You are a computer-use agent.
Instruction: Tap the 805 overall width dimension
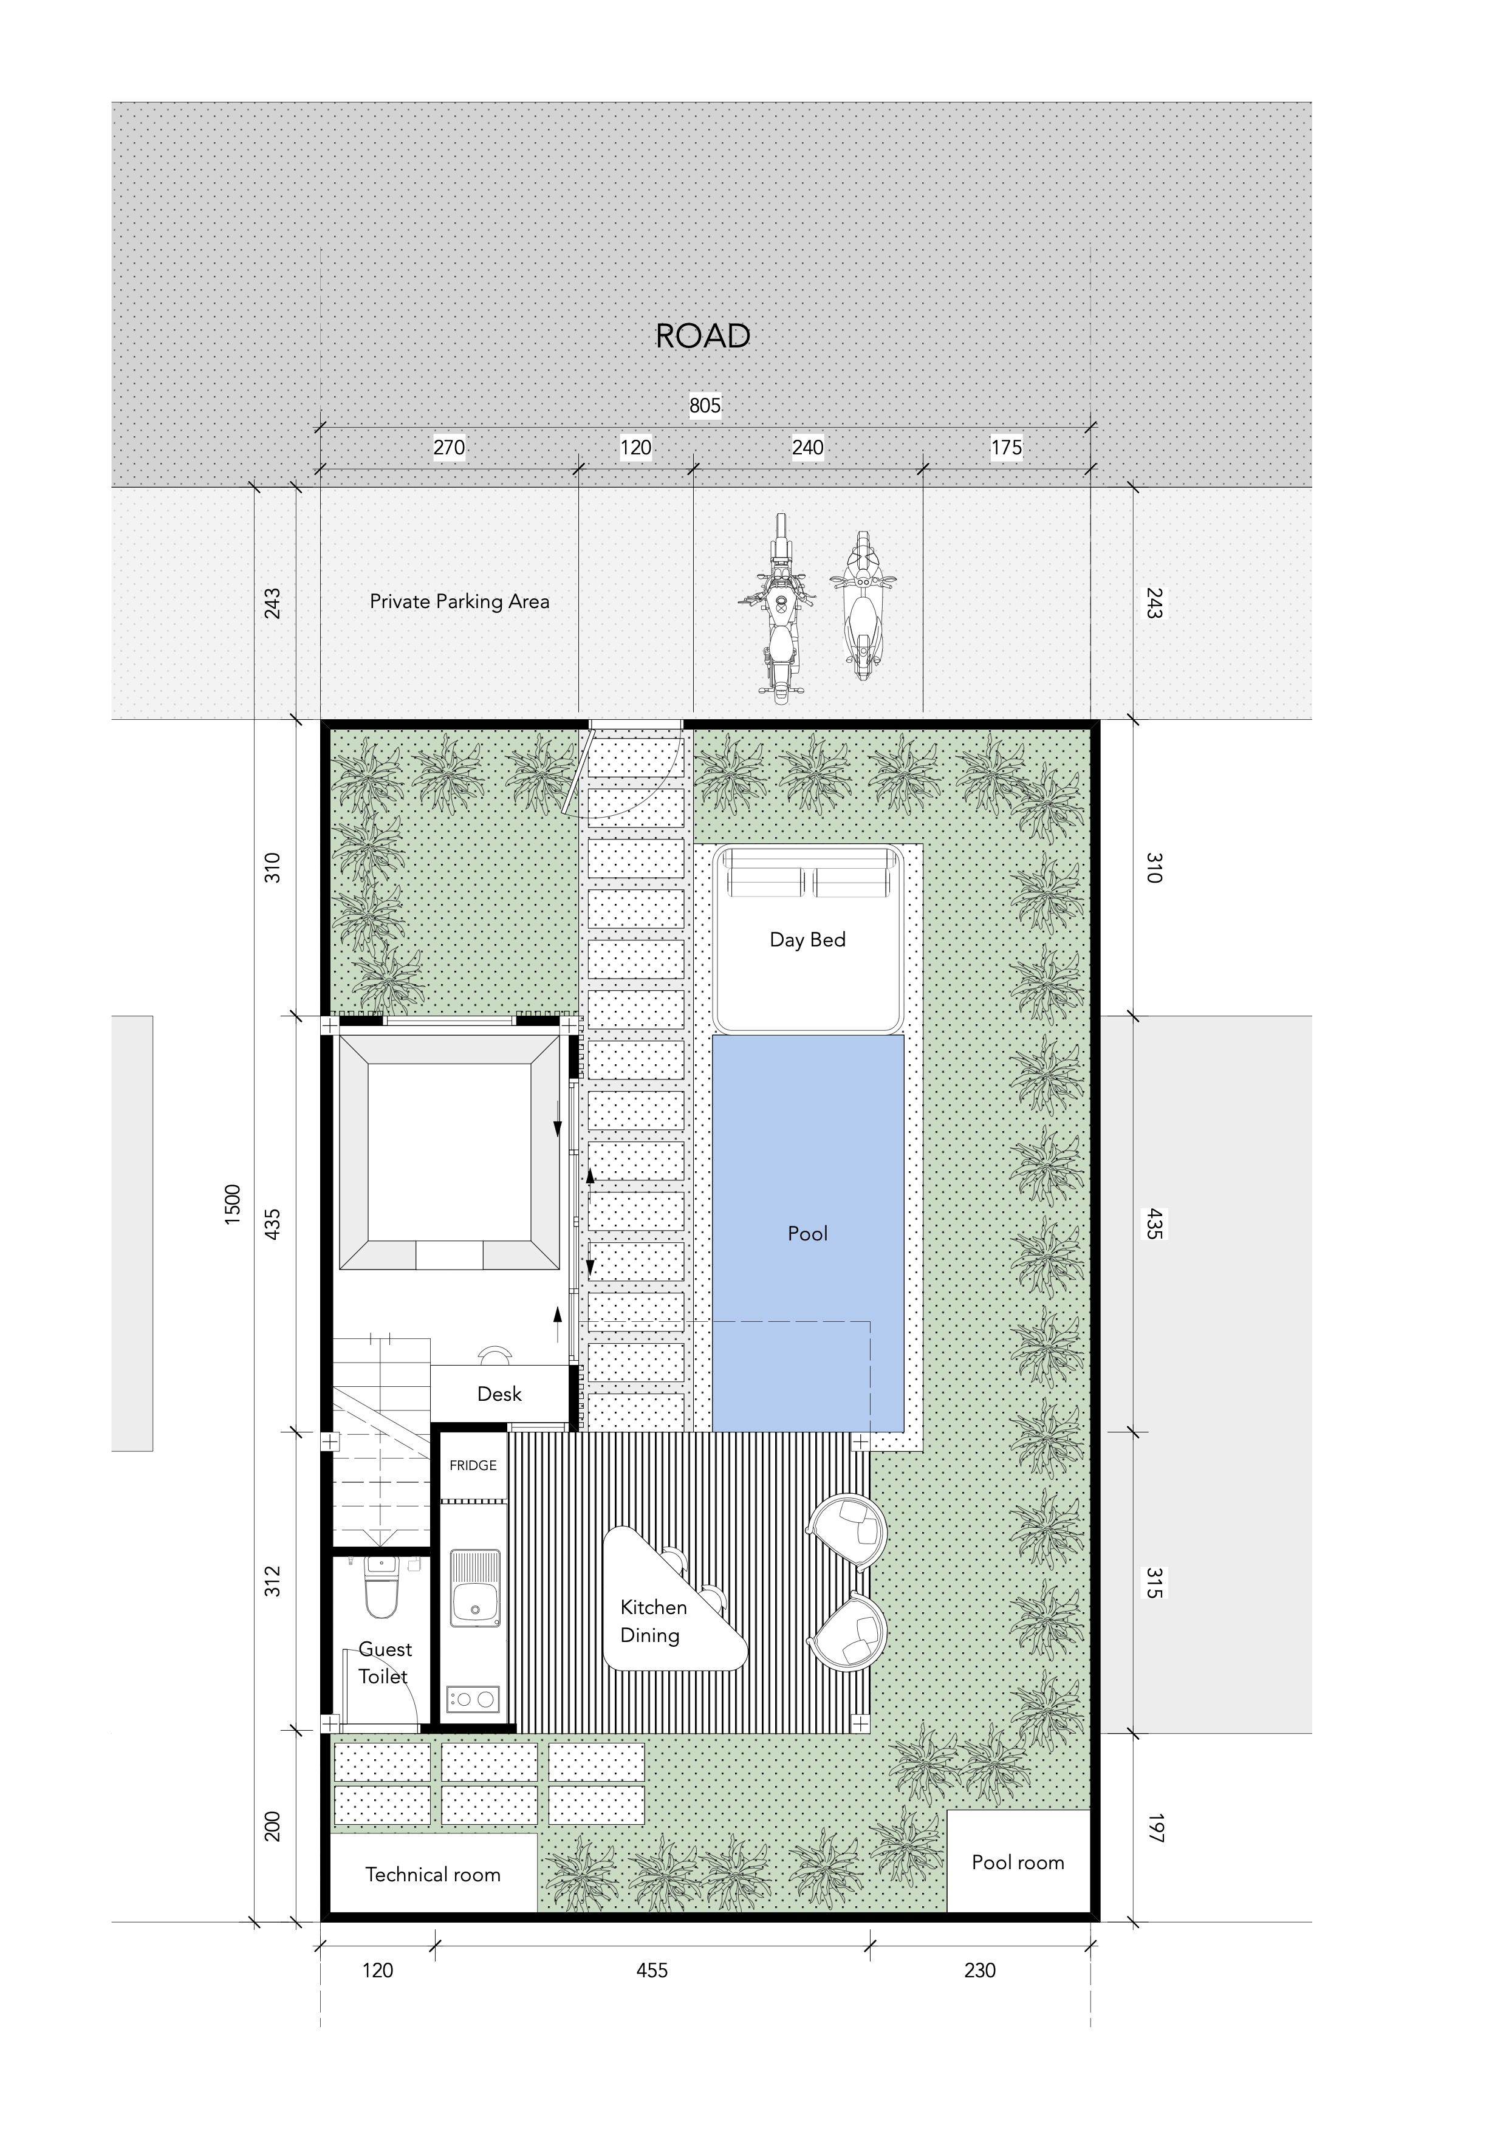(705, 406)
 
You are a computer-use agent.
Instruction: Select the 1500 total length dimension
(233, 1204)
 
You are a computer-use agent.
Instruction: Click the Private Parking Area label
(459, 601)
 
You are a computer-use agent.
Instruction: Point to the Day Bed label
(807, 939)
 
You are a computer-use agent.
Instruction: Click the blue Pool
(808, 1234)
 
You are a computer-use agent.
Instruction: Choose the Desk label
(499, 1394)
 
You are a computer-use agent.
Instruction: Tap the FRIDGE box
(473, 1466)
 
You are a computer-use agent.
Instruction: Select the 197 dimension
(1154, 1827)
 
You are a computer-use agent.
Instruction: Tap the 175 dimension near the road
(1006, 447)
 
